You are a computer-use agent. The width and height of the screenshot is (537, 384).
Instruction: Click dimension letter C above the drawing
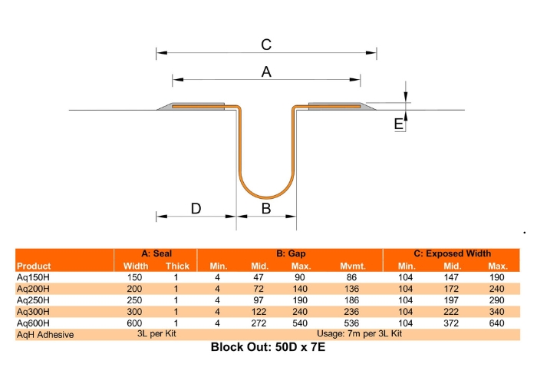point(265,44)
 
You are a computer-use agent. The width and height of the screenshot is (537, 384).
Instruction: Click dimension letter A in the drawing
point(267,71)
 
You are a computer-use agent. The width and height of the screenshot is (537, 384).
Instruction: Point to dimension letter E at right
point(398,124)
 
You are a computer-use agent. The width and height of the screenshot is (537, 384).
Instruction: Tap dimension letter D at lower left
point(196,208)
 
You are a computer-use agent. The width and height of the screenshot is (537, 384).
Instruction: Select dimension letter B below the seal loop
point(266,208)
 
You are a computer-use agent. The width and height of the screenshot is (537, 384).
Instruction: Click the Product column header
point(34,266)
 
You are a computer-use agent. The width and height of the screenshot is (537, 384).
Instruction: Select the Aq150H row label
point(33,277)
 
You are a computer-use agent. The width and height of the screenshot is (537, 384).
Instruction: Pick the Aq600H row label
point(33,323)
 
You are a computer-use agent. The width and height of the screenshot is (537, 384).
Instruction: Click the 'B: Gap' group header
point(290,254)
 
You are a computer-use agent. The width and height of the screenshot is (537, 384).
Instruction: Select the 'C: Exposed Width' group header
point(452,254)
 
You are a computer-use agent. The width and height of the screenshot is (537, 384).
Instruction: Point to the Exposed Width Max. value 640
point(498,323)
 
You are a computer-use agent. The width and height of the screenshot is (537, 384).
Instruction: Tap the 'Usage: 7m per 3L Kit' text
point(358,335)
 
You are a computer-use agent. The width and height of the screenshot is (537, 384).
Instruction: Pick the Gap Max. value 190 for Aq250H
point(300,300)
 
